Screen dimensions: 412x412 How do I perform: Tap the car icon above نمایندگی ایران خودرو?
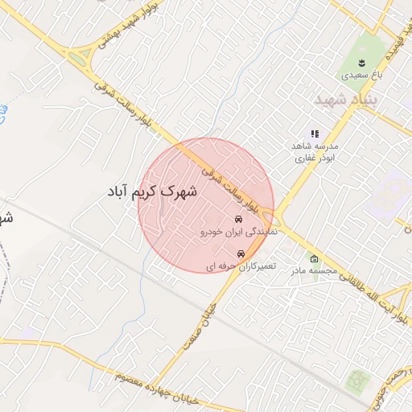click(x=238, y=219)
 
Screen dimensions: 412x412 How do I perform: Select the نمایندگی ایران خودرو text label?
click(x=238, y=231)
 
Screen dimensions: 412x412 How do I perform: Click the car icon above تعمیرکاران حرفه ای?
click(x=241, y=254)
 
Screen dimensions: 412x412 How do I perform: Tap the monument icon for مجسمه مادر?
click(x=313, y=259)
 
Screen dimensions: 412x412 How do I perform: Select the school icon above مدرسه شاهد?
click(x=315, y=134)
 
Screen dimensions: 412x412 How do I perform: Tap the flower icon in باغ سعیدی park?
click(x=360, y=62)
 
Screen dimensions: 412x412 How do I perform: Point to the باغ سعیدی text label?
click(x=358, y=74)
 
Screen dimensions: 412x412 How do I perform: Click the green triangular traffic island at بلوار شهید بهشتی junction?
click(x=79, y=57)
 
